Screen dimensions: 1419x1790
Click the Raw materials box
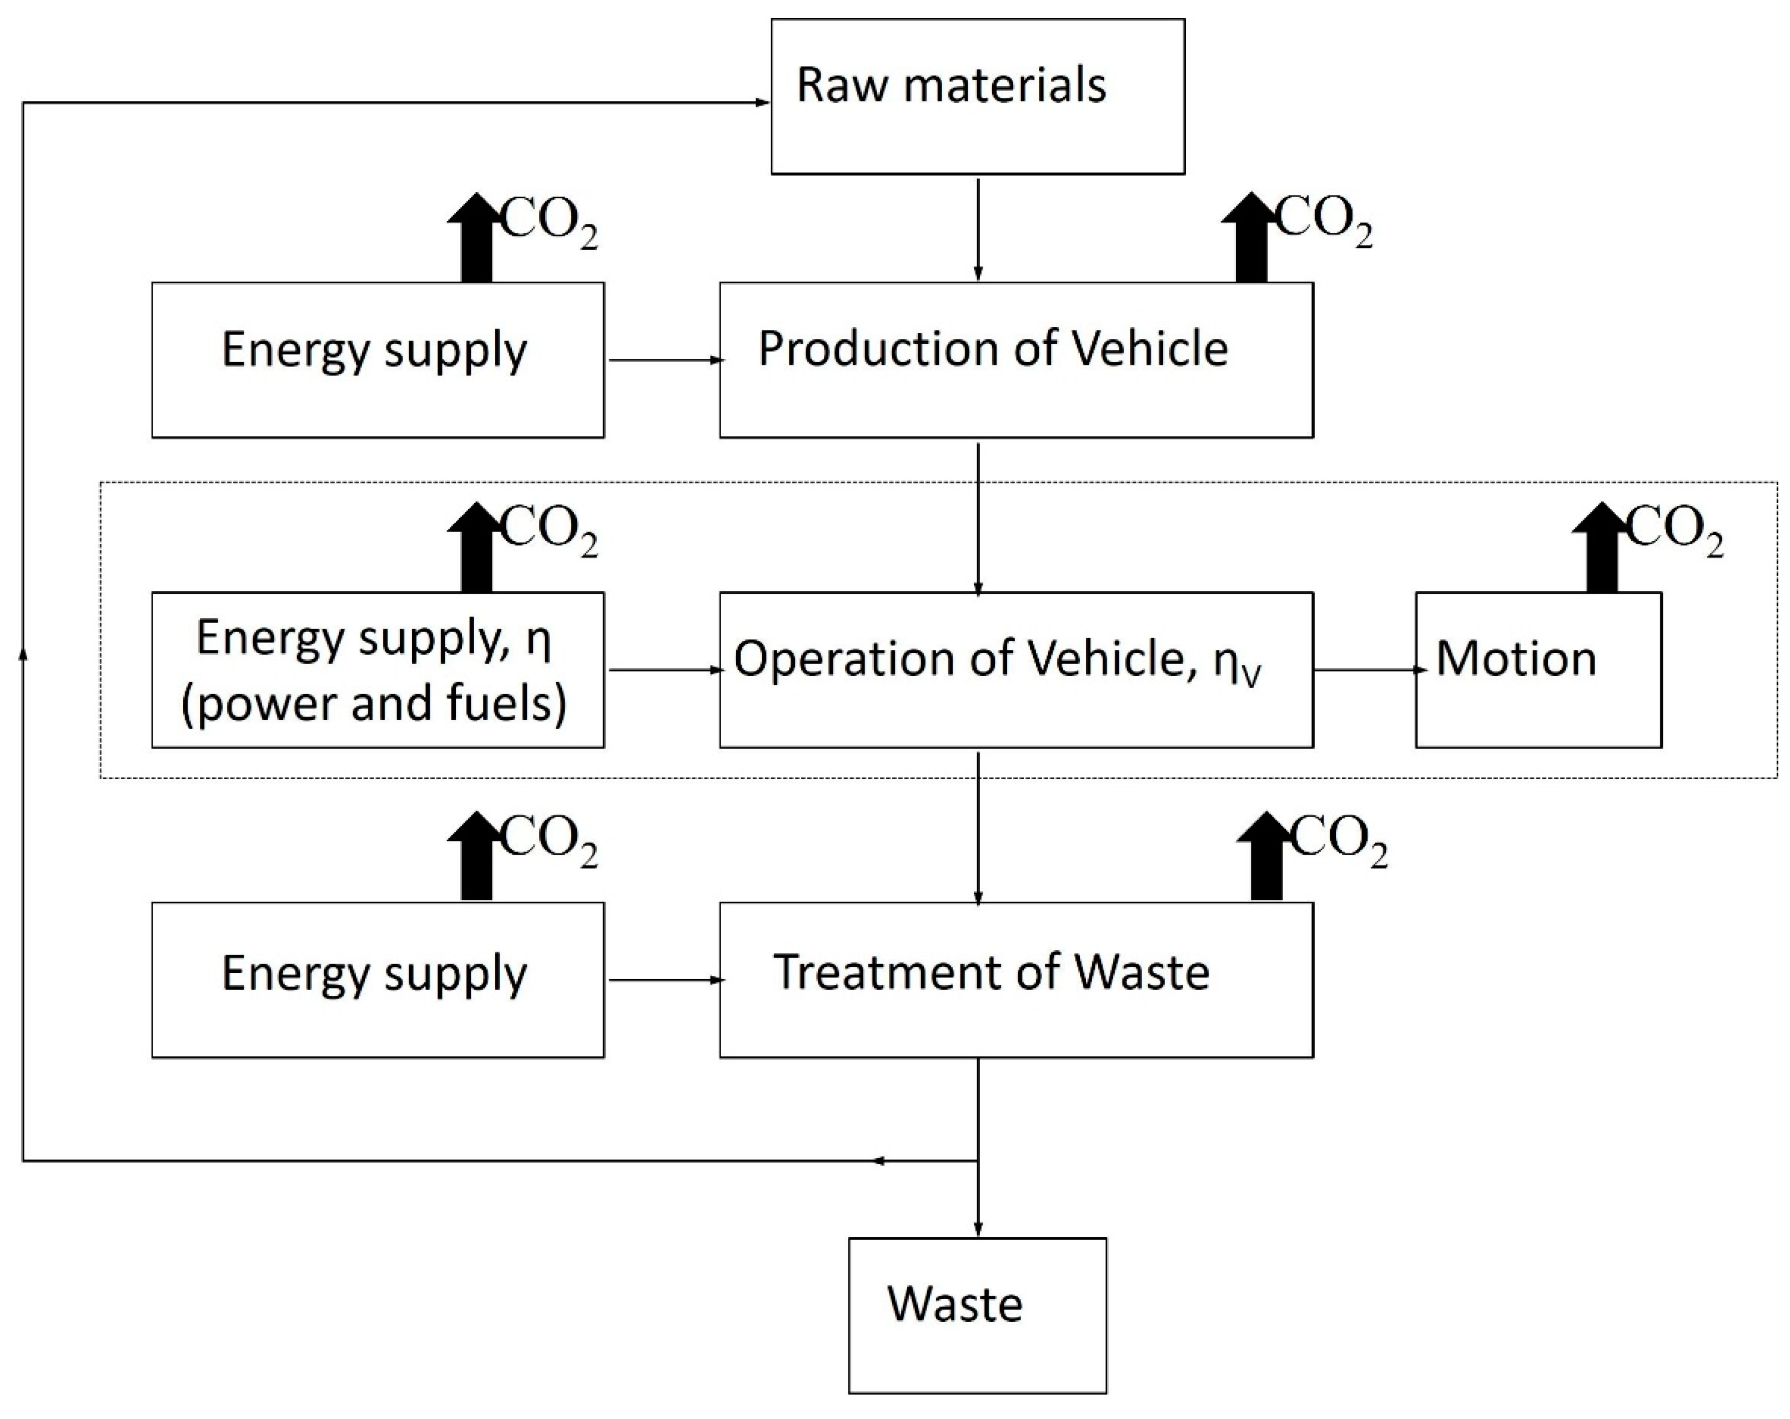(977, 96)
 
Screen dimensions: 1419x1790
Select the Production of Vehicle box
(1015, 359)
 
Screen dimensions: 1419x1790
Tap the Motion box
(1537, 669)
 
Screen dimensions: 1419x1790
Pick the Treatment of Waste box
(1015, 979)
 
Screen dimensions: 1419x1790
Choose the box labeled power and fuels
(378, 669)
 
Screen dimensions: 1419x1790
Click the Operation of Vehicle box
(1015, 669)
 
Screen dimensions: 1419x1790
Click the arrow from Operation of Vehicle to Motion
(1364, 669)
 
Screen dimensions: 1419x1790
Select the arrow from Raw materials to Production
(978, 228)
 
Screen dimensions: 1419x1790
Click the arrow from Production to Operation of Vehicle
(978, 519)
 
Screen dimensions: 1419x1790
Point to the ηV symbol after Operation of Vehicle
(1237, 664)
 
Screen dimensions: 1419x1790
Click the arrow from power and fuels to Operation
(664, 669)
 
